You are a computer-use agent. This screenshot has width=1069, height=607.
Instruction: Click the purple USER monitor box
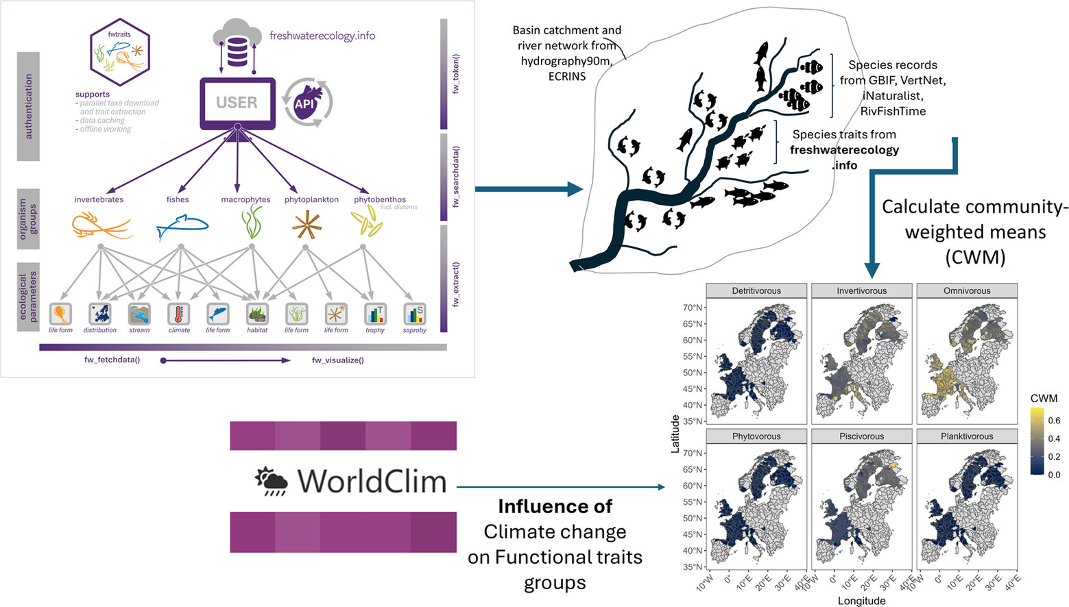coord(237,103)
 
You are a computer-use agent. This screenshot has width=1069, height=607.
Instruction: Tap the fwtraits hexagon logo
coord(120,52)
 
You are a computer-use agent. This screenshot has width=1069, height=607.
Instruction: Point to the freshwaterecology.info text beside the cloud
coord(322,36)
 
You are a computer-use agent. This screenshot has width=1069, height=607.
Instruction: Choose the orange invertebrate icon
coord(101,225)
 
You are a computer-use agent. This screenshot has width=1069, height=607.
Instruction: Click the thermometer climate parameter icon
coord(179,314)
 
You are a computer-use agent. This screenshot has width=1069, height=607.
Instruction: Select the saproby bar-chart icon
coord(415,314)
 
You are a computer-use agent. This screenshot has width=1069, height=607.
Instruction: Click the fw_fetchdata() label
coord(112,360)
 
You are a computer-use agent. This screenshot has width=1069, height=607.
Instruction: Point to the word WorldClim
coord(372,481)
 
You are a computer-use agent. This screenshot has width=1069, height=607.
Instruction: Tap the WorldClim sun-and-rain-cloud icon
coord(272,481)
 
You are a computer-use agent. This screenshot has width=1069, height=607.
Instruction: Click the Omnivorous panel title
coord(967,290)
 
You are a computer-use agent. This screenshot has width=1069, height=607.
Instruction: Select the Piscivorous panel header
coord(861,436)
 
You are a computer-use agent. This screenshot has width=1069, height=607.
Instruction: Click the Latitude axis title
coord(675,433)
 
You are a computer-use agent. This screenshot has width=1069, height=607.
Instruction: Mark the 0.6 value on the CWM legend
coord(1054,421)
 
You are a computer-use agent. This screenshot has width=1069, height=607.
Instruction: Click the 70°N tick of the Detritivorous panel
coord(693,308)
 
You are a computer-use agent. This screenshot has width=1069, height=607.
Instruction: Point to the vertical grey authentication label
coord(28,106)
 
